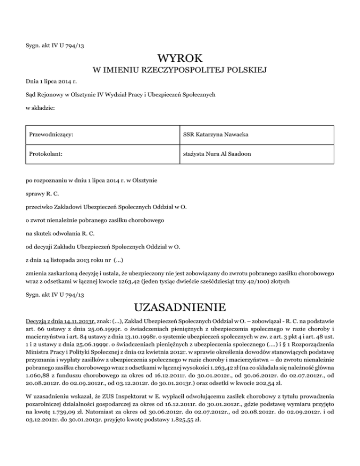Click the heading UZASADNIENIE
point(180,308)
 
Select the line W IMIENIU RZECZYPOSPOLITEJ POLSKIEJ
point(180,71)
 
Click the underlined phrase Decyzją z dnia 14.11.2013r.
point(61,322)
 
